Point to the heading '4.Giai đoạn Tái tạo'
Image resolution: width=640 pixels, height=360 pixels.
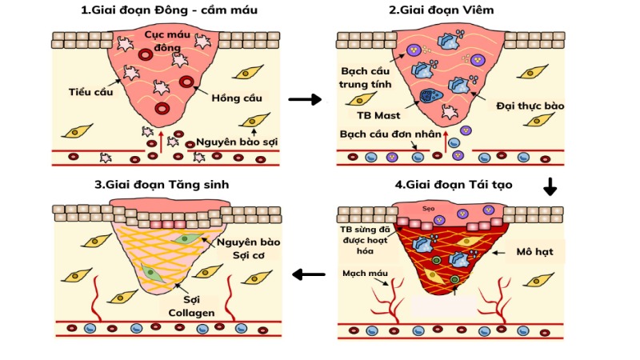[454, 184]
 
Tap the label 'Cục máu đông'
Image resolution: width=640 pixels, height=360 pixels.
[166, 42]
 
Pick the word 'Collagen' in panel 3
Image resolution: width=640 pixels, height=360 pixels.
[190, 313]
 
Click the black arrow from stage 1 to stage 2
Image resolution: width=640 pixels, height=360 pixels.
[304, 100]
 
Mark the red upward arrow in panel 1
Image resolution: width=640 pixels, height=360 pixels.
[162, 141]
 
